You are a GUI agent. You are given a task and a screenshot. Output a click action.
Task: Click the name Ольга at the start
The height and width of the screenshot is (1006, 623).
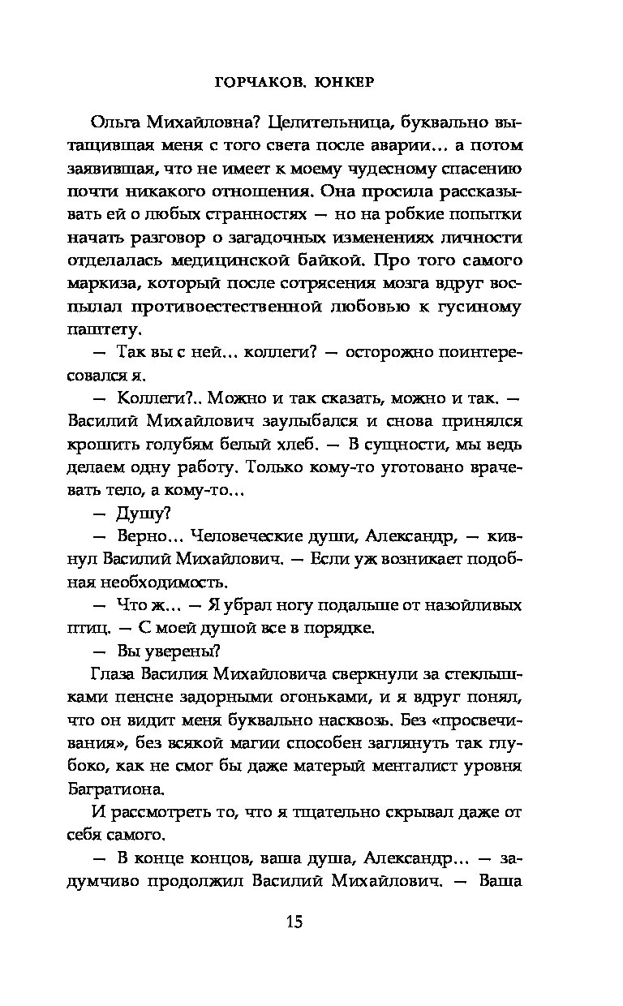pos(118,123)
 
